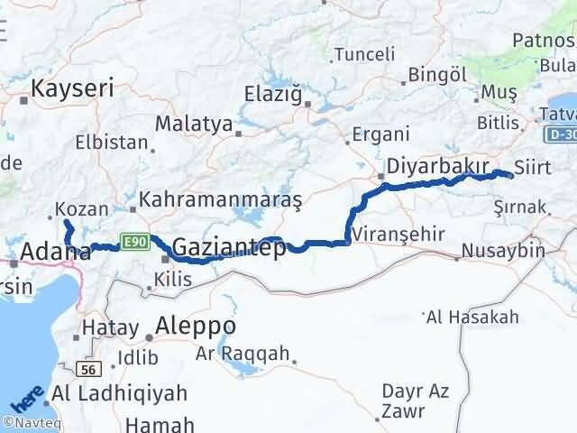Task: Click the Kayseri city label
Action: click(72, 88)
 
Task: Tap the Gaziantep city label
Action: click(228, 247)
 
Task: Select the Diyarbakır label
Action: click(437, 167)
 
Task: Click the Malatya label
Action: click(193, 124)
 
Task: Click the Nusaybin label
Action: click(503, 250)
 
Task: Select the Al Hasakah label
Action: click(472, 317)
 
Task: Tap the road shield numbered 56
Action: click(87, 368)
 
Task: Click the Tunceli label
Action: click(364, 55)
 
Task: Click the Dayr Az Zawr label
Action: click(416, 401)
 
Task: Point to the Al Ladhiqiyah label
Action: click(120, 393)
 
